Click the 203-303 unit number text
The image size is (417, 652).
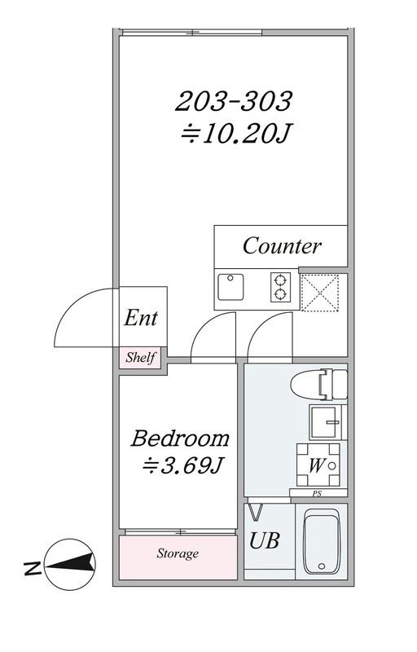point(234,101)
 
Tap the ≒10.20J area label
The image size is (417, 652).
point(235,134)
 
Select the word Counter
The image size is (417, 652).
point(282,246)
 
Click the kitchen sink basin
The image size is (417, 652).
point(231,287)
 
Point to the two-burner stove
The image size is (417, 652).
point(280,287)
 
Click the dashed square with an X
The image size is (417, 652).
point(320,293)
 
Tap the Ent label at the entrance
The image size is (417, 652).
point(141,318)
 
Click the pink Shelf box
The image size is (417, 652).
point(140,358)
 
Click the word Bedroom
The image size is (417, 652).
point(180,438)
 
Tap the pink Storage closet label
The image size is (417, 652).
point(178,553)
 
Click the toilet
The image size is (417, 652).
point(318,385)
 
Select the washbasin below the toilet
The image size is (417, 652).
point(325,422)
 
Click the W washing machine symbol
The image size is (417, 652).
point(318,465)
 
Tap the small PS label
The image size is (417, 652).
point(318,495)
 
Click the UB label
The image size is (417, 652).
point(264,540)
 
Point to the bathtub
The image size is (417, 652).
point(322,541)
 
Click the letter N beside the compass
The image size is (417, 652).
point(33,568)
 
